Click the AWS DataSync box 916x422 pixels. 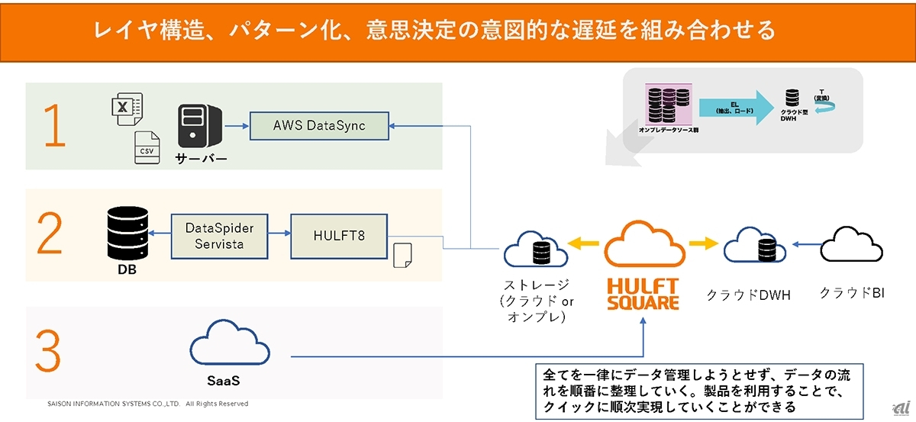[320, 126]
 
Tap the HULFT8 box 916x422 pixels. [338, 236]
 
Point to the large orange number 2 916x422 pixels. [50, 235]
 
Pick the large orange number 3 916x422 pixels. [48, 353]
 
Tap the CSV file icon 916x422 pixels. [147, 148]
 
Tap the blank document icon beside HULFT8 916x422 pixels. [402, 256]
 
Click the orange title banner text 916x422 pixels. [434, 30]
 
